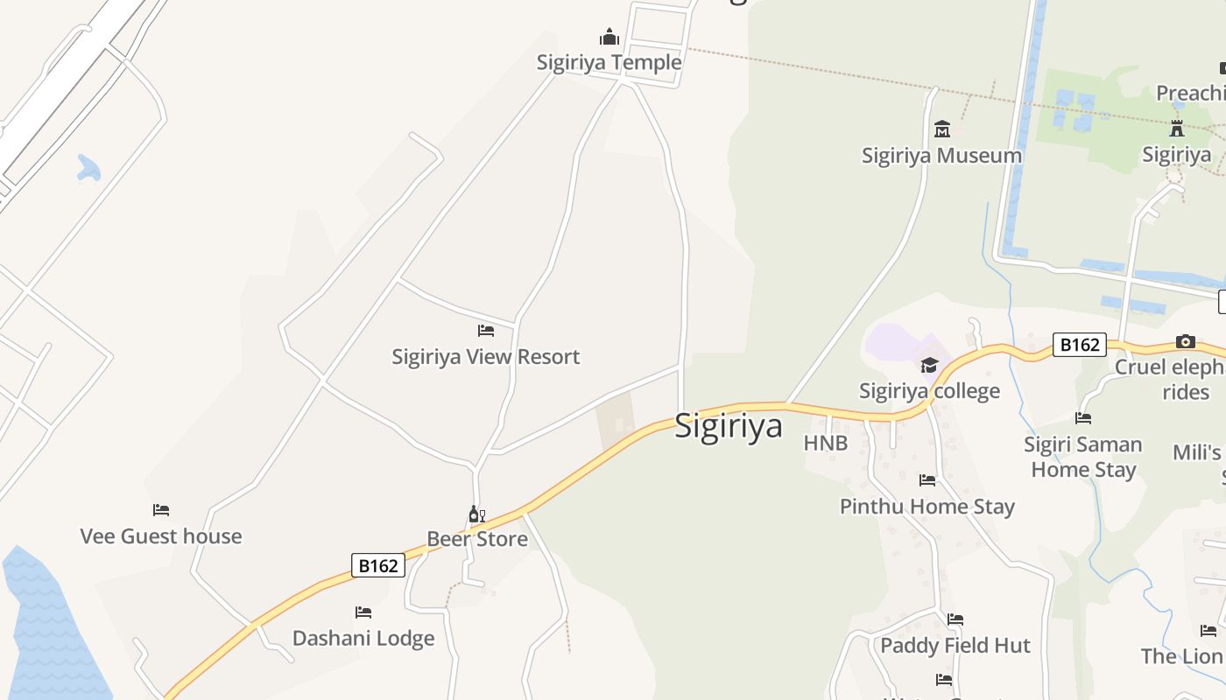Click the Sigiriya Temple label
(609, 62)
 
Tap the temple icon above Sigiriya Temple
(609, 37)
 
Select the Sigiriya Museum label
(941, 155)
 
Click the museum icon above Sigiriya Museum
(942, 129)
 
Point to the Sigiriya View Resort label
(485, 356)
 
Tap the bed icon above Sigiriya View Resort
(486, 331)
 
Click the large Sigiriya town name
(729, 426)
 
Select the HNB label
(826, 443)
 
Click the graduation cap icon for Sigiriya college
(929, 365)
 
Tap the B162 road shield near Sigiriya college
(1079, 345)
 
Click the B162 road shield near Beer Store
(378, 565)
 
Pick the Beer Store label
(477, 538)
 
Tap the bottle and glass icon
(476, 514)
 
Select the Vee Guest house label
(161, 535)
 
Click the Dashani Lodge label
(363, 638)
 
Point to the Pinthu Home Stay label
(927, 506)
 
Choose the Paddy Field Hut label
(955, 645)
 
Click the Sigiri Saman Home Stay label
(1083, 457)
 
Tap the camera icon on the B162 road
(1186, 341)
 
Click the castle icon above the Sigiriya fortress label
(1177, 129)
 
